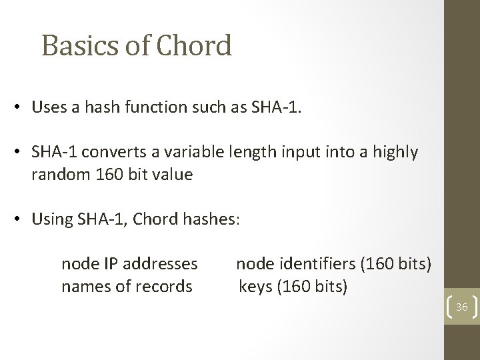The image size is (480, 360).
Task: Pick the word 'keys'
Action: (254, 287)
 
